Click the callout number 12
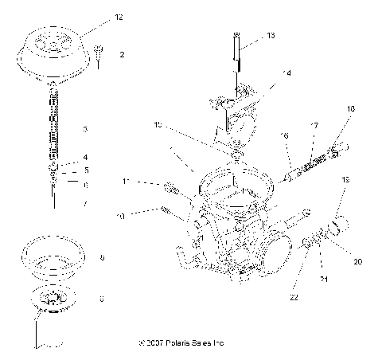[x=119, y=16]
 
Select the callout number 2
[x=121, y=56]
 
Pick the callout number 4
[x=85, y=157]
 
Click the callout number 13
[x=271, y=36]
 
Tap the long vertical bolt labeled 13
[x=237, y=56]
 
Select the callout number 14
[x=286, y=72]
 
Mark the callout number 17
[x=314, y=125]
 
